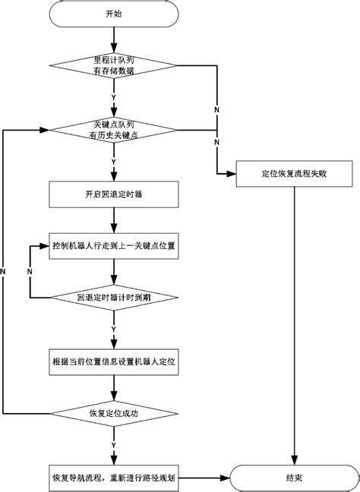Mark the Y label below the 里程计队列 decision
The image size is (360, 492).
coord(113,97)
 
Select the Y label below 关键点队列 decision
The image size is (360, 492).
coord(113,161)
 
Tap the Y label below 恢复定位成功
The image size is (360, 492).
coord(113,444)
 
